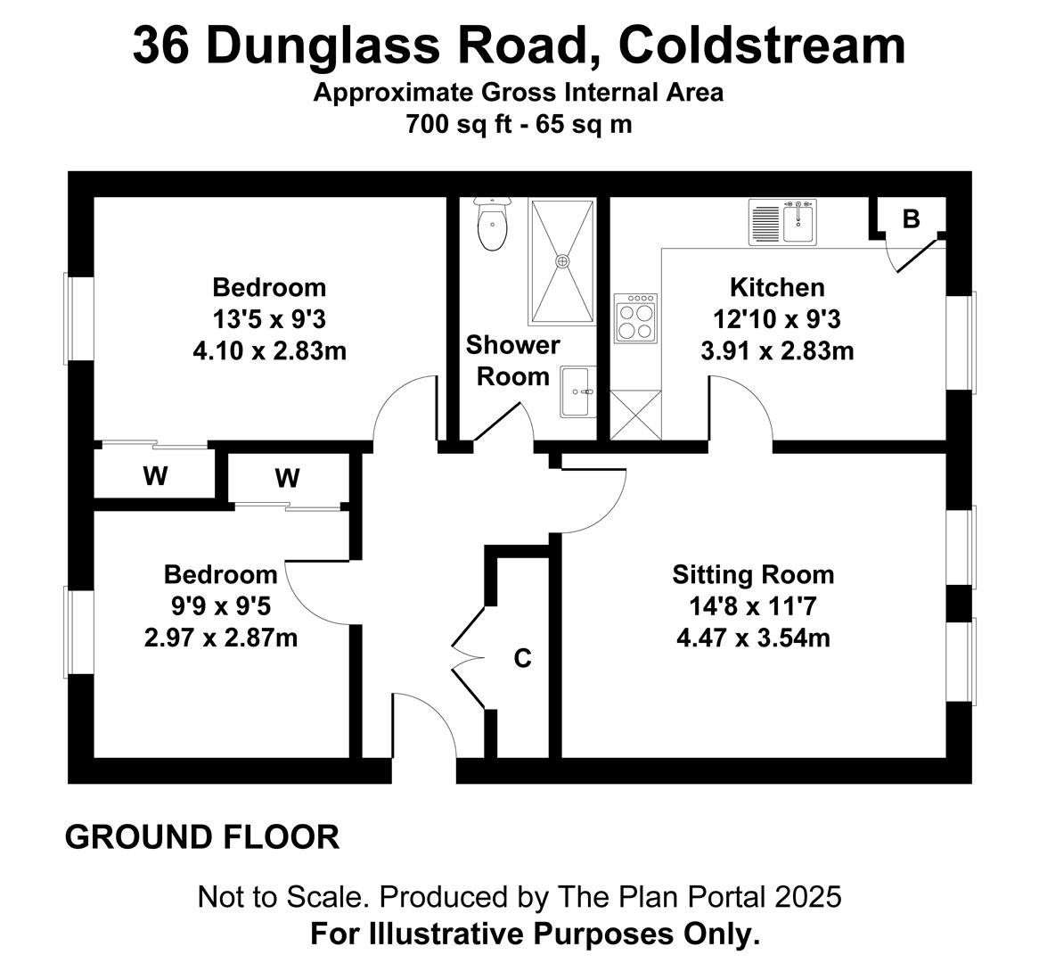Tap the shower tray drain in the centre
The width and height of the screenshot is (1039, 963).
coord(562,261)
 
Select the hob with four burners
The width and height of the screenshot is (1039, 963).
coord(635,318)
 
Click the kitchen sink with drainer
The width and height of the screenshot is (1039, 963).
coord(782,222)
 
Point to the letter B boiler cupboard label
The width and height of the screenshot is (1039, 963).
coord(911,218)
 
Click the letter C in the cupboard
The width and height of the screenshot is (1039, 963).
coord(523,658)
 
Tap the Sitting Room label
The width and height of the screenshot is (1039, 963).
coord(753,574)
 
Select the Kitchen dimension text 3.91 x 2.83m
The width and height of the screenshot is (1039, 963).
coord(777,350)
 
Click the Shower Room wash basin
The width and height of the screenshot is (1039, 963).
coord(577,391)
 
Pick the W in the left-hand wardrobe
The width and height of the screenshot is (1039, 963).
coord(155,475)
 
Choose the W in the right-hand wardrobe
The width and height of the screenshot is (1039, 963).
coord(287,478)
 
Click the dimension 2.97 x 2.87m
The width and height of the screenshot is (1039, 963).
coord(221,638)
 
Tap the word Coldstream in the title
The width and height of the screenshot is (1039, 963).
coord(761,45)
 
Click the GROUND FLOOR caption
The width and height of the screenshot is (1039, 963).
coord(202,837)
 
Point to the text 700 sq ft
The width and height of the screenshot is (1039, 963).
coord(459,124)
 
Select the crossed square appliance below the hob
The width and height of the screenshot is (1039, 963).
coord(635,415)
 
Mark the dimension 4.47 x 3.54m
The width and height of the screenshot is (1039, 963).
coord(753,638)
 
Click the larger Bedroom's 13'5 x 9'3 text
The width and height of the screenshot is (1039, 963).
coord(269,320)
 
